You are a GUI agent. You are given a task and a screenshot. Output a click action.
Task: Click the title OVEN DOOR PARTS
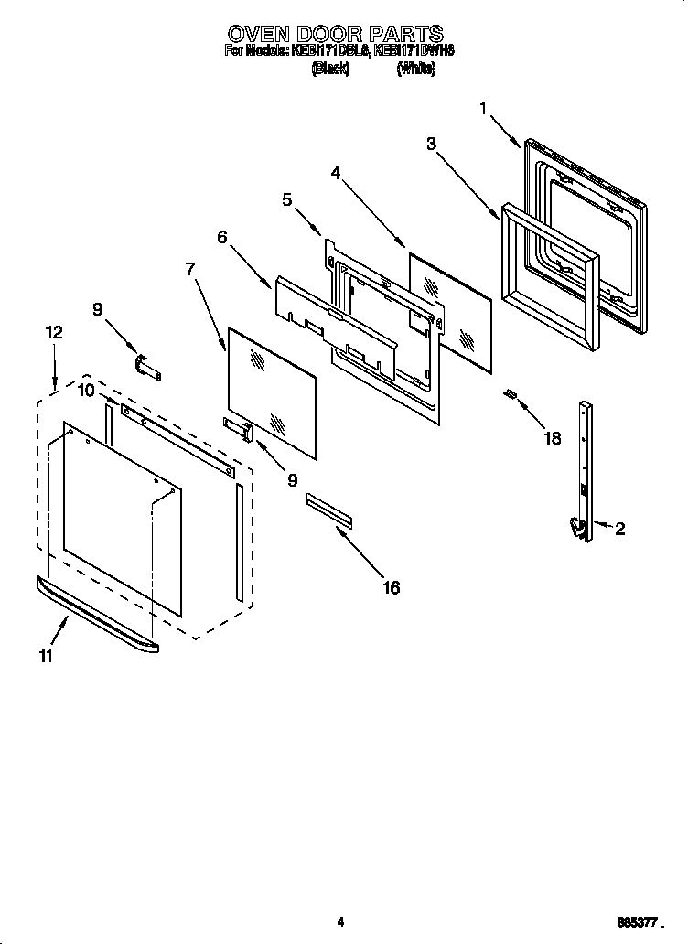(x=336, y=34)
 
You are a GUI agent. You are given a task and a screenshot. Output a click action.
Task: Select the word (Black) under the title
(x=330, y=69)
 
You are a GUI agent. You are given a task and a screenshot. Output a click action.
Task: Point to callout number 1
(x=484, y=109)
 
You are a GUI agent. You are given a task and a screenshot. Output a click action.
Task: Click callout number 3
(x=431, y=143)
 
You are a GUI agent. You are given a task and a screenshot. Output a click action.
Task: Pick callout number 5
(x=287, y=199)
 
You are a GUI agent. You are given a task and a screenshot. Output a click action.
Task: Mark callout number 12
(x=54, y=333)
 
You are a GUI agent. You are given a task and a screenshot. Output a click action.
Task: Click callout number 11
(x=46, y=655)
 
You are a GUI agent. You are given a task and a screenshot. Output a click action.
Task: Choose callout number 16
(x=391, y=587)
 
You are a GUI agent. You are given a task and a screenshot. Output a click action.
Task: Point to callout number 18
(x=552, y=438)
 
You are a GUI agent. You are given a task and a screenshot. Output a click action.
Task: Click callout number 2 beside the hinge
(x=619, y=528)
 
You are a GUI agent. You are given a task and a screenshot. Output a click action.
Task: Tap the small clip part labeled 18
(x=511, y=394)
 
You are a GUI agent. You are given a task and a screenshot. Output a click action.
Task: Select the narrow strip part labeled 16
(x=328, y=510)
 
